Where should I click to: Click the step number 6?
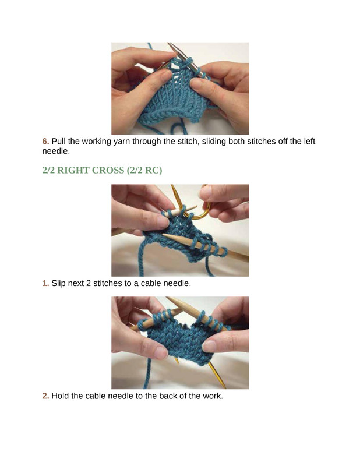(45, 141)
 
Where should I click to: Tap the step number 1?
(45, 283)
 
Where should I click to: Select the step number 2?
(45, 396)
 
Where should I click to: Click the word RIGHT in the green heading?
(73, 170)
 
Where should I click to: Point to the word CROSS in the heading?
(108, 170)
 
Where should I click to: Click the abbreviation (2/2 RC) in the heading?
(144, 171)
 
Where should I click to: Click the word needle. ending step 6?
(56, 151)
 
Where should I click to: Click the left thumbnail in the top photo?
(166, 74)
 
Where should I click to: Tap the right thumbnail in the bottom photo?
(209, 345)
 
